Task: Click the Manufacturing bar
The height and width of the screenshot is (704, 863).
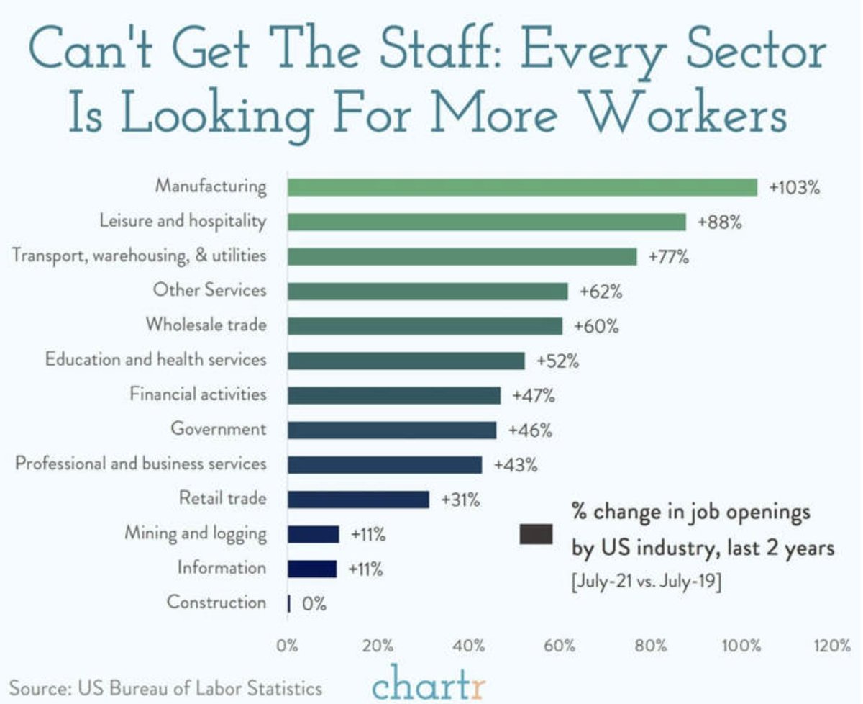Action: pos(522,187)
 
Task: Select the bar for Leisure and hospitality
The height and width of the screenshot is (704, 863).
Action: pos(487,222)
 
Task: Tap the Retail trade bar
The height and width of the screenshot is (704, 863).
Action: pos(358,500)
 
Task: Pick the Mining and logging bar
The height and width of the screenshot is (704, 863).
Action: pos(313,534)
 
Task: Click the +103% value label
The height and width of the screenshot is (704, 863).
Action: pos(794,188)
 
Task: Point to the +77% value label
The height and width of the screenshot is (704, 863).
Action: pos(669,257)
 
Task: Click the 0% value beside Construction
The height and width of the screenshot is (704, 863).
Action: pos(314,603)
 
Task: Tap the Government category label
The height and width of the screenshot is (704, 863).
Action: pos(218,429)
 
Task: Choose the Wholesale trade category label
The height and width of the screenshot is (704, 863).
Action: pos(206,325)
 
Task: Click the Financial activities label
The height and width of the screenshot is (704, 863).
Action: pos(198,394)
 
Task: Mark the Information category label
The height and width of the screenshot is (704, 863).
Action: pos(222,568)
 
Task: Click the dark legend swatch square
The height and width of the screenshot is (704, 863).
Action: pos(536,533)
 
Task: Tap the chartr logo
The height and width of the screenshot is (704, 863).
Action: pos(429,682)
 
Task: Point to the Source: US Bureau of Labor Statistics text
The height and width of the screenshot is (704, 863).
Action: pos(165,687)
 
